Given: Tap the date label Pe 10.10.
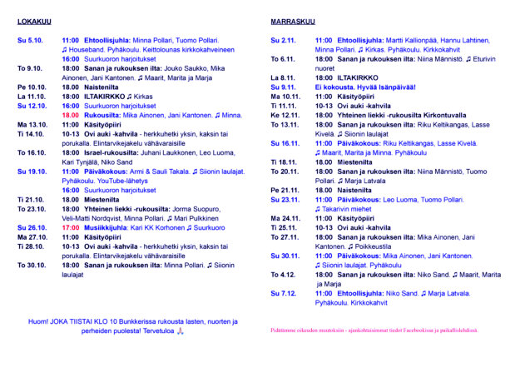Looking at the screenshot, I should coord(32,87).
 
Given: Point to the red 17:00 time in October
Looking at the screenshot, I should coord(70,227).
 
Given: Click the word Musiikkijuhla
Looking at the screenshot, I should coord(105,227).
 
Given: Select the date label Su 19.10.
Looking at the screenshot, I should coord(32,171).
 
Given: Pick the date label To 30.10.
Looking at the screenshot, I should coord(32,265).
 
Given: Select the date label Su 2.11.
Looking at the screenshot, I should coord(284,40).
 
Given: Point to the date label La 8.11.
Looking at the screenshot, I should coord(284,77).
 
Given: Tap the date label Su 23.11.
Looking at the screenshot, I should coord(285,199).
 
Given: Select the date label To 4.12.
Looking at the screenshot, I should coord(284,274).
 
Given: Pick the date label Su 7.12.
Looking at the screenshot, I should coord(284,293).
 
